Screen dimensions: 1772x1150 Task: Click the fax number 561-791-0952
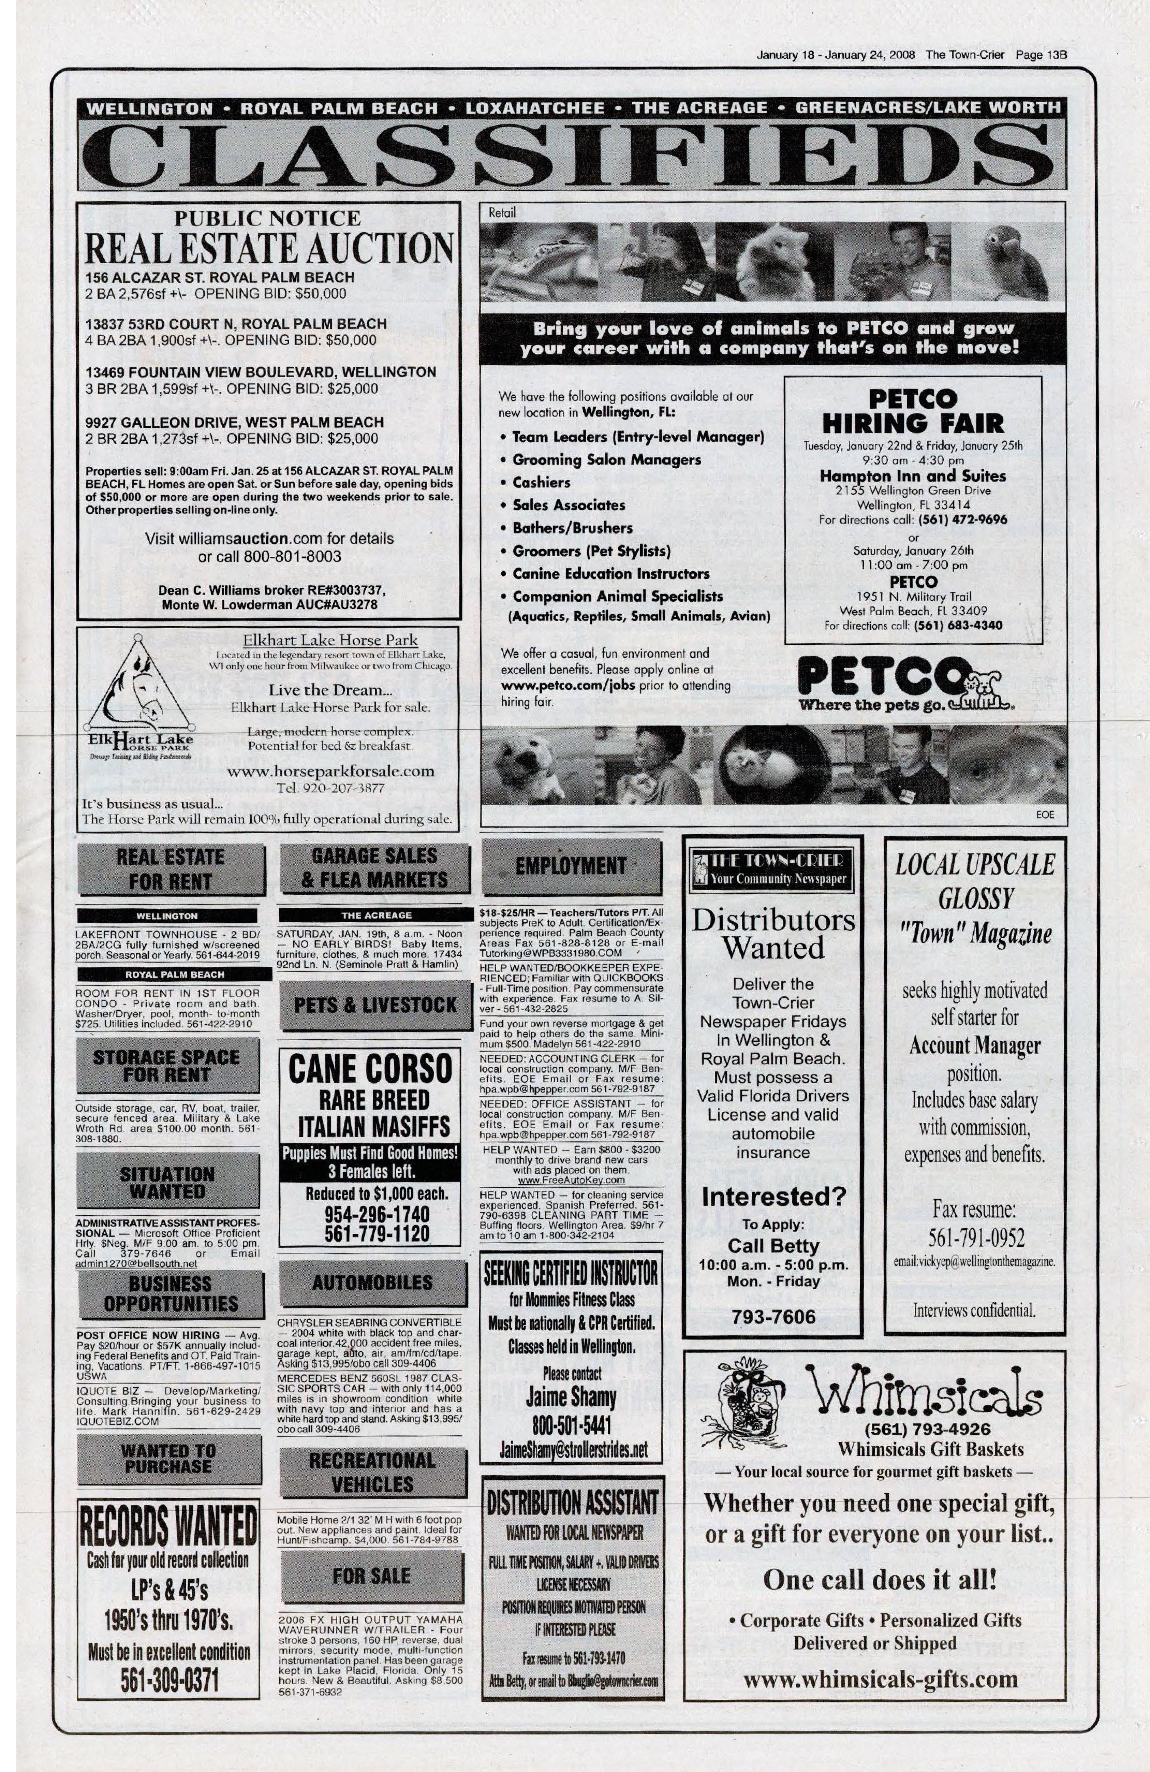pyautogui.click(x=975, y=1238)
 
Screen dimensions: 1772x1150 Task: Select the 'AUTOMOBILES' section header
pyautogui.click(x=372, y=1282)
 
